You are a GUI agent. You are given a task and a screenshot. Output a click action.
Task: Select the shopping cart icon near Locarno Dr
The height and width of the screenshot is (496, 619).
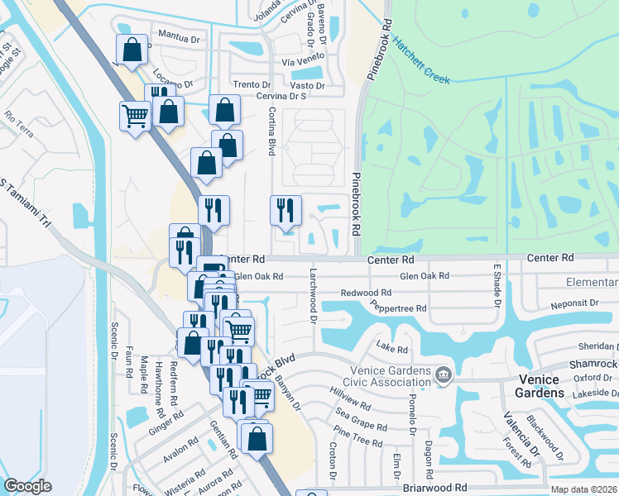(134, 115)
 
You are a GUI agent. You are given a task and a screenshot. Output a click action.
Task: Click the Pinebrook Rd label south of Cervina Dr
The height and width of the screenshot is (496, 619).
(356, 203)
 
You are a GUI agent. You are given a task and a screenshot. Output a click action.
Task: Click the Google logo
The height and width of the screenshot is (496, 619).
(27, 486)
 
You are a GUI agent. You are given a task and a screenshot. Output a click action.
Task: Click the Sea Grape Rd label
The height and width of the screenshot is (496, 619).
(361, 418)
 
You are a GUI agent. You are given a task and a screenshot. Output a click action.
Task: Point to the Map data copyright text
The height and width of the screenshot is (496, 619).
(583, 489)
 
